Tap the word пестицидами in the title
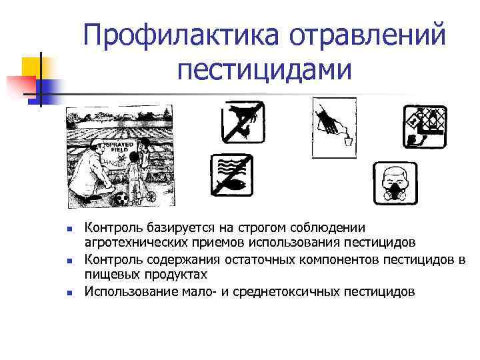point(264,68)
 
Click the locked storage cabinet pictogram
point(425,125)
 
